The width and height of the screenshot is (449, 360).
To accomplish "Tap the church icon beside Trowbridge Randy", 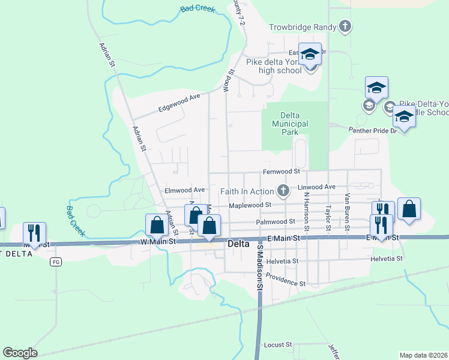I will pos(345,26).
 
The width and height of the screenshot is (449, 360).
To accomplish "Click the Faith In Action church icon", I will pos(283,191).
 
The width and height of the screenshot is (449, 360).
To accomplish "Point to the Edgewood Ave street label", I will pos(178,103).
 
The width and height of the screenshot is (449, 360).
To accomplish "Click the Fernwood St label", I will pos(281,172).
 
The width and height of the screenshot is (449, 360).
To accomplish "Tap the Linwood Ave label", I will pos(321,187).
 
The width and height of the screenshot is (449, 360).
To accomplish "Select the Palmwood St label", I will pos(276,221).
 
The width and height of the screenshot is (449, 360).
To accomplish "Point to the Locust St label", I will pos(277,345).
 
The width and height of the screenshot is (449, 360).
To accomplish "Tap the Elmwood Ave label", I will pos(185,190).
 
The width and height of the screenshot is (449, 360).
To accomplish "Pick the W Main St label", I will pos(158,241).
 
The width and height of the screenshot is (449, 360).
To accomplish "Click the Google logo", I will pos(20,353).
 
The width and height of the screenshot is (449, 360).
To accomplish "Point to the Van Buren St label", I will pos(347,205).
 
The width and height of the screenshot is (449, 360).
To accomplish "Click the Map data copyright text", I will pos(424,355).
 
